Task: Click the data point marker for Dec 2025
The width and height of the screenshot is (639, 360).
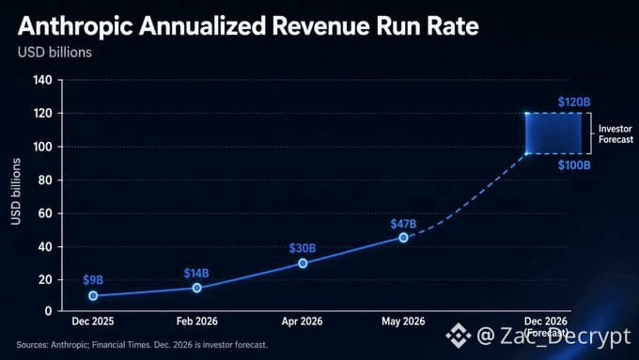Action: [93, 295]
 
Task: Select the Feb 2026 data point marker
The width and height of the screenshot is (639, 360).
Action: [196, 288]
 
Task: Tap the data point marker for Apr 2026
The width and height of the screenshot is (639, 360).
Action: [303, 263]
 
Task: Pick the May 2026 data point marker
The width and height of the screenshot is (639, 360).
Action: [403, 238]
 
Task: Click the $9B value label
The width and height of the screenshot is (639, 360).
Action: [93, 280]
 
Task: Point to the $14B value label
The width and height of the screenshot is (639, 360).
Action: [196, 274]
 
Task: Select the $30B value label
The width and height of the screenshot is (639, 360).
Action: [303, 248]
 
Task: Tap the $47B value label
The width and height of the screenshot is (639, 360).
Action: [403, 224]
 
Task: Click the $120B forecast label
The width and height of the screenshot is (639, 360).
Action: [574, 102]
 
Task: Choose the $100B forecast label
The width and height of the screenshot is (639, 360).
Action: [574, 165]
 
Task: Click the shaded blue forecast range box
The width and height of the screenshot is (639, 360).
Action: [553, 133]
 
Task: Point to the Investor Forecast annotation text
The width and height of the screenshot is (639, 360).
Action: [616, 134]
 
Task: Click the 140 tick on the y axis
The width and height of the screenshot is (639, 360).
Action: [43, 80]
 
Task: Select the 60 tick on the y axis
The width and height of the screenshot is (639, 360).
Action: [45, 213]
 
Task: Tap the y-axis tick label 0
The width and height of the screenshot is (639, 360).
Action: [49, 311]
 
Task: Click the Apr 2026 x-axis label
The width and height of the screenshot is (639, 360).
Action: [302, 321]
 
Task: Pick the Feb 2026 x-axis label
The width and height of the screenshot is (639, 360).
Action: [196, 321]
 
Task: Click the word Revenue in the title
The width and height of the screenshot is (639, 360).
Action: [320, 26]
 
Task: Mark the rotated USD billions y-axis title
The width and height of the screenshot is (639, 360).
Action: [15, 191]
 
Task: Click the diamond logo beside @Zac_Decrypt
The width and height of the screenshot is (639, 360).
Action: [459, 336]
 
